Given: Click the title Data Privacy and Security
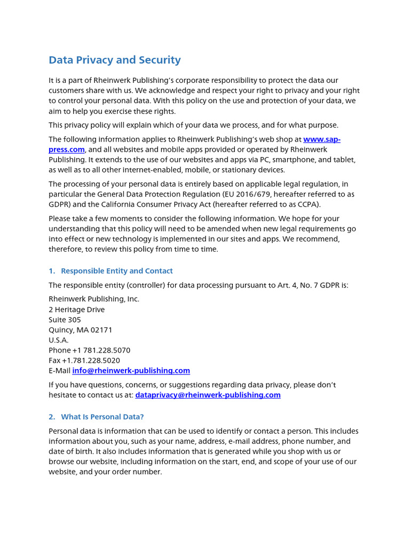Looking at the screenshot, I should point(115,60).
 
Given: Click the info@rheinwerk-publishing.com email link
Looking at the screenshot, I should point(131,371).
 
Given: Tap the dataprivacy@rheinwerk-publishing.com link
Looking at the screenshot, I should point(208,395).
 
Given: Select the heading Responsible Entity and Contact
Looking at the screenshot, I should point(117,271).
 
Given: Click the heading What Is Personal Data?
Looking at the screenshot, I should point(102,417).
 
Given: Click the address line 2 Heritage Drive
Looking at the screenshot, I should point(76,309).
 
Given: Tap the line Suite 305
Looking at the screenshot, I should point(65,319).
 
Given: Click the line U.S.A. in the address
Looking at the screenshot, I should point(58,340).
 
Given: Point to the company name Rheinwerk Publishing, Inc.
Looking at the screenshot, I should point(93,299).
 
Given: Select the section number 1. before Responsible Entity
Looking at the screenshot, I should point(52,271).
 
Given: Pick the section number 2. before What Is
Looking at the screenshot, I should point(52,417).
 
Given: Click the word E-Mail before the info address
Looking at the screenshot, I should point(59,371).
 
